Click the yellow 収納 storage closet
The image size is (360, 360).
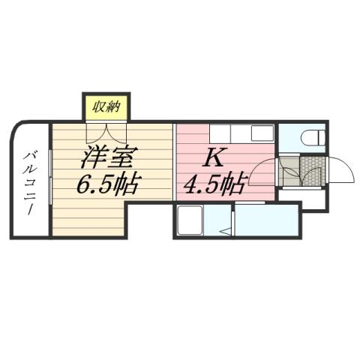point(106,106)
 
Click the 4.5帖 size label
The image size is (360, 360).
point(214,184)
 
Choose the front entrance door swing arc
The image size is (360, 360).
point(341,171)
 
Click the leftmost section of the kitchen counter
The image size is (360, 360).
point(193,133)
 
